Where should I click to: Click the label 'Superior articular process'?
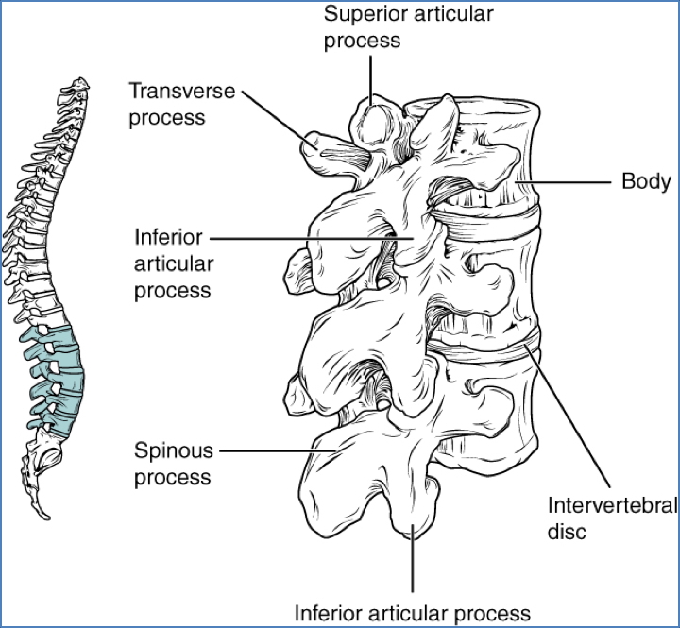[408, 27]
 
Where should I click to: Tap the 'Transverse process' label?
[181, 105]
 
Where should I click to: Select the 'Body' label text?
[645, 181]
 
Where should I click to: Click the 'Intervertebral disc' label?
[611, 516]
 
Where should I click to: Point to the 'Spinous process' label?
[173, 464]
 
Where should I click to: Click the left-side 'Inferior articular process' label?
[172, 262]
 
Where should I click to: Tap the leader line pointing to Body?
[567, 181]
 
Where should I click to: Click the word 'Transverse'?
[181, 92]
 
